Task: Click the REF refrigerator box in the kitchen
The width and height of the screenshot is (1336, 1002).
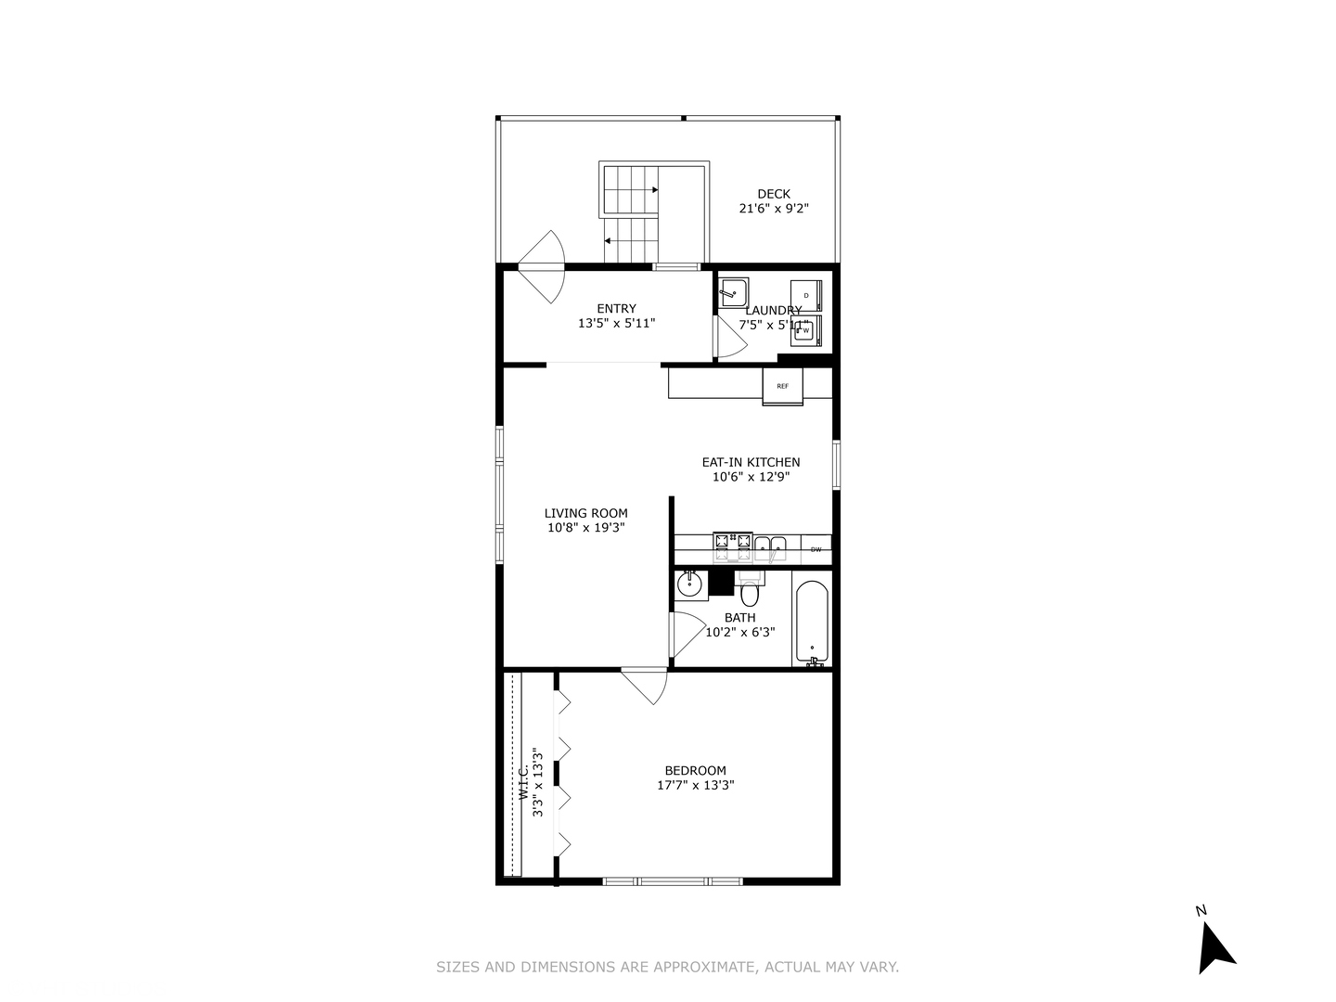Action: (783, 386)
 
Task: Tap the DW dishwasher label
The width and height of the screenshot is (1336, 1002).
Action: (816, 550)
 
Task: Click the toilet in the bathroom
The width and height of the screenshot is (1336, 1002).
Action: (750, 591)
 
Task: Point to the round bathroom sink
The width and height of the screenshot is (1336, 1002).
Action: (689, 584)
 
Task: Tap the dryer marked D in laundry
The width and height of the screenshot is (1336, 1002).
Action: (806, 295)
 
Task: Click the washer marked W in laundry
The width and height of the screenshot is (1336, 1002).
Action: (806, 329)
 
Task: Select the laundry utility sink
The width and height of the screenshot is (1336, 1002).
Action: (733, 291)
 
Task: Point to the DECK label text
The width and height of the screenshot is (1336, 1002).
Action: (774, 194)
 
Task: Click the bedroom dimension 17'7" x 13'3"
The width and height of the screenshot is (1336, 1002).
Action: (696, 785)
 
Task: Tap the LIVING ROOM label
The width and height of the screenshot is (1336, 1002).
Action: (585, 513)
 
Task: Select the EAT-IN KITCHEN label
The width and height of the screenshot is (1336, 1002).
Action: (751, 462)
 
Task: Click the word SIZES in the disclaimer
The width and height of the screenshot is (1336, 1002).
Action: (457, 967)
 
